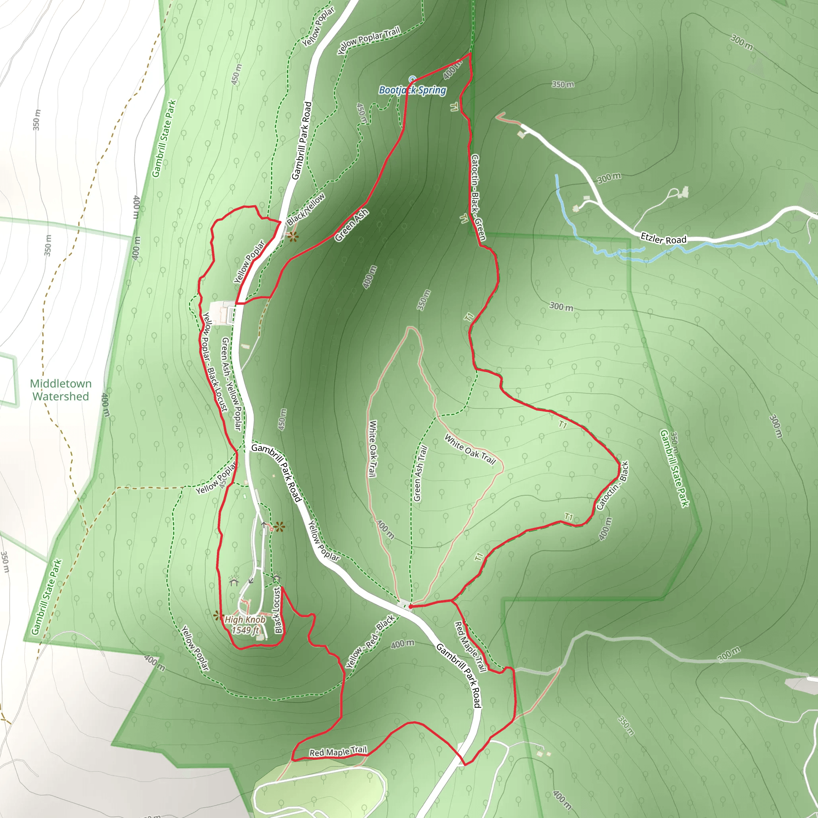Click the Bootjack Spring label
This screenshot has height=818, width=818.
click(x=412, y=90)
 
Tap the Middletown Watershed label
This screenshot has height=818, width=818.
click(x=61, y=390)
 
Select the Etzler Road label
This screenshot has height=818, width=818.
click(x=663, y=239)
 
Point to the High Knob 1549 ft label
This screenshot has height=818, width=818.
click(x=245, y=625)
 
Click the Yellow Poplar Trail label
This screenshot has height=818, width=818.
click(x=368, y=40)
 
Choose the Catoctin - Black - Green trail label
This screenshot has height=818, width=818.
click(x=478, y=197)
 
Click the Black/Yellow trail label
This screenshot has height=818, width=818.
click(x=306, y=209)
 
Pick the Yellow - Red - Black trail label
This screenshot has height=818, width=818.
click(x=370, y=642)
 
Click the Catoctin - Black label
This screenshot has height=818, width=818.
click(x=612, y=486)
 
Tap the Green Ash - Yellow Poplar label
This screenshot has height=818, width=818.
click(x=232, y=383)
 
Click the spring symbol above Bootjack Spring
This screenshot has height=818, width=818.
click(x=412, y=79)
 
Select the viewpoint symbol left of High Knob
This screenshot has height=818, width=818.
click(x=218, y=615)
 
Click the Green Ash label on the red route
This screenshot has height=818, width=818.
click(x=351, y=226)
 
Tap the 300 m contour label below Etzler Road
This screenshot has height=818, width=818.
click(x=561, y=306)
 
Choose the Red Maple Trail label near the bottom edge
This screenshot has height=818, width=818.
click(x=338, y=752)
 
